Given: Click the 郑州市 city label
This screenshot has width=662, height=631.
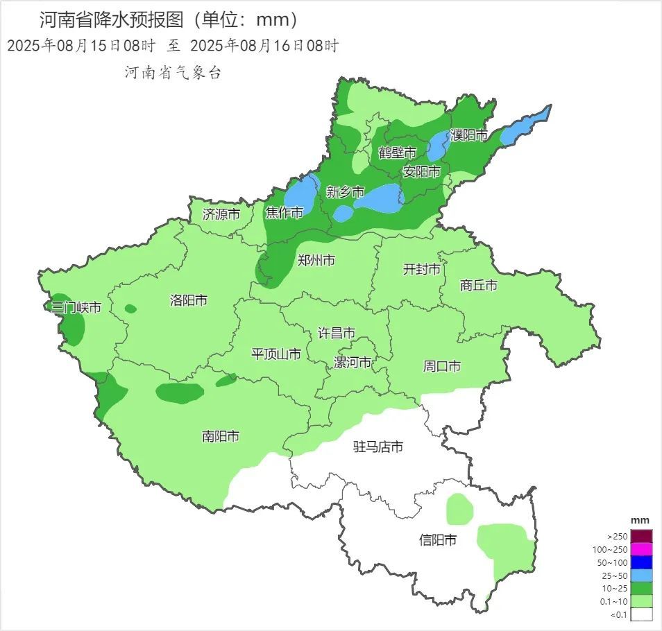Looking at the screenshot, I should click(x=316, y=261).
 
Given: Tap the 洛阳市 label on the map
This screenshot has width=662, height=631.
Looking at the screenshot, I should click(x=188, y=300).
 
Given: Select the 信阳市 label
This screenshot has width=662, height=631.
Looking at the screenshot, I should click(x=438, y=539).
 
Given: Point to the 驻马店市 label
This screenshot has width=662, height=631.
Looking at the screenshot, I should click(x=378, y=447).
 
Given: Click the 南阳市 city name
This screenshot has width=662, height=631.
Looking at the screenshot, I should click(x=221, y=436).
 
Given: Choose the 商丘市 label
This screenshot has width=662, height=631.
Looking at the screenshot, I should click(x=479, y=285).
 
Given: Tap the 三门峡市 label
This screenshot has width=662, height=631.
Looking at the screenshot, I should click(x=76, y=307).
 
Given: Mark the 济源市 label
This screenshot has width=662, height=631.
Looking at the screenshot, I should click(x=221, y=214).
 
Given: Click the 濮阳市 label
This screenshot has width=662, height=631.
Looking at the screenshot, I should click(x=469, y=135).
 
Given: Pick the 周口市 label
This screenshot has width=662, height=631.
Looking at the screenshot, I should click(x=442, y=365).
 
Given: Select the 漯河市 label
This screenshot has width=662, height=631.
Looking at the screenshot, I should click(x=353, y=363).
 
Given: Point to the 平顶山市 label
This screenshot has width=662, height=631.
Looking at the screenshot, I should click(x=276, y=354).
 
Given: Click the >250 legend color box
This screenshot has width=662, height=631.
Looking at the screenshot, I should click(x=641, y=536).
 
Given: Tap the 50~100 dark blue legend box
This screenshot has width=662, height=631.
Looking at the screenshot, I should click(x=641, y=562).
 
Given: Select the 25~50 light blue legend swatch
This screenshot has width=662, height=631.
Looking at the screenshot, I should click(x=641, y=575).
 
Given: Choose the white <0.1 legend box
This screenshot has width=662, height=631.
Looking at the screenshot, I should click(x=641, y=614).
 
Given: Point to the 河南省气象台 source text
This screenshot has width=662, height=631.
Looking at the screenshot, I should click(x=173, y=72).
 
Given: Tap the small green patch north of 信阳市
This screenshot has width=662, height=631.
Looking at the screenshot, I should click(x=459, y=508).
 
